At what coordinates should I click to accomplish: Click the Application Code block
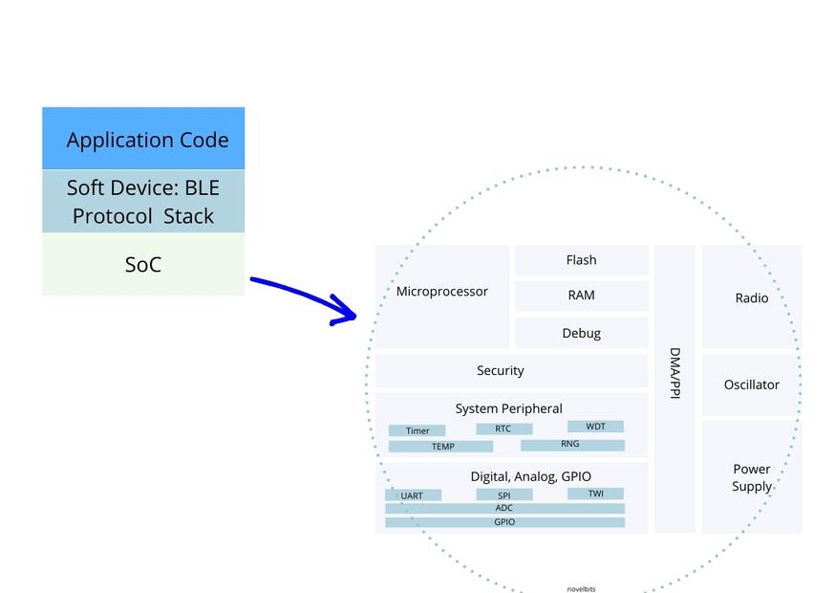click(x=143, y=139)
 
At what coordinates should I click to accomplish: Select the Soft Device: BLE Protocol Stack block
click(x=143, y=202)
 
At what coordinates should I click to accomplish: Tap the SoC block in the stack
click(x=143, y=265)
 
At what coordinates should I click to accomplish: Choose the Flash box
click(x=581, y=260)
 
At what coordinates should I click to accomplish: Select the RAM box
click(x=581, y=296)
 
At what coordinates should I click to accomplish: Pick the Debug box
click(x=581, y=333)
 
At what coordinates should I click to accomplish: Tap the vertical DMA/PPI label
click(x=674, y=373)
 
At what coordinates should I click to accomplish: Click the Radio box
click(x=751, y=297)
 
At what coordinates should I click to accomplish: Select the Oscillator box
click(x=751, y=384)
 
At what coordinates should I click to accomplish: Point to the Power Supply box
click(x=751, y=477)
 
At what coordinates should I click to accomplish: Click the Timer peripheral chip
click(x=417, y=430)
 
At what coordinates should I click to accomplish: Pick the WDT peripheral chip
click(x=595, y=427)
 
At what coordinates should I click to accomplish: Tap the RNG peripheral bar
click(x=571, y=445)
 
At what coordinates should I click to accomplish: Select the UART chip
click(x=413, y=495)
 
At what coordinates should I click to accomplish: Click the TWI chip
click(x=595, y=494)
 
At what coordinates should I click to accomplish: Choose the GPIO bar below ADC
click(x=504, y=522)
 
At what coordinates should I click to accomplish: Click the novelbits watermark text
click(x=581, y=589)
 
